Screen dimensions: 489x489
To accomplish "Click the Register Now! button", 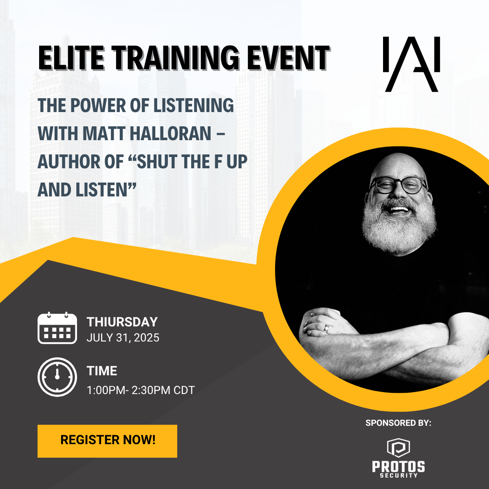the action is click(107, 441).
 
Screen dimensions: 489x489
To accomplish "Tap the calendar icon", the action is click(57, 328).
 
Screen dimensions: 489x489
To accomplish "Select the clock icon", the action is click(57, 377).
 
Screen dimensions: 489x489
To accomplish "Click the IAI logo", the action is click(411, 64).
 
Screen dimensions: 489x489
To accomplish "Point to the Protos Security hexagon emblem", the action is click(399, 448).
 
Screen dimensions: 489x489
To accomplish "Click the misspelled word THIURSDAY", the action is click(122, 322).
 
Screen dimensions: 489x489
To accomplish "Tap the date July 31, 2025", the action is click(123, 338).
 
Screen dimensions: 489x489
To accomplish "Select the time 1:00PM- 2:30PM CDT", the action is click(141, 390).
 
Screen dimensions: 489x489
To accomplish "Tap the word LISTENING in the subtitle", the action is click(194, 105).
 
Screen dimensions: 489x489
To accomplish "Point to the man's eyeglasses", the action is click(398, 185).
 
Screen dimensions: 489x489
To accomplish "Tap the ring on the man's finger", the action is click(326, 328).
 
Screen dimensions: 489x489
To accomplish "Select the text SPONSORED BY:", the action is click(398, 423).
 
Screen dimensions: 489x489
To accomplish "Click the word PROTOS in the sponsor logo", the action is click(399, 467).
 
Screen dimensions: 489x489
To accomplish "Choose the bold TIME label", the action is click(102, 371).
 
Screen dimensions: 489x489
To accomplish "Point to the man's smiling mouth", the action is click(399, 210).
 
